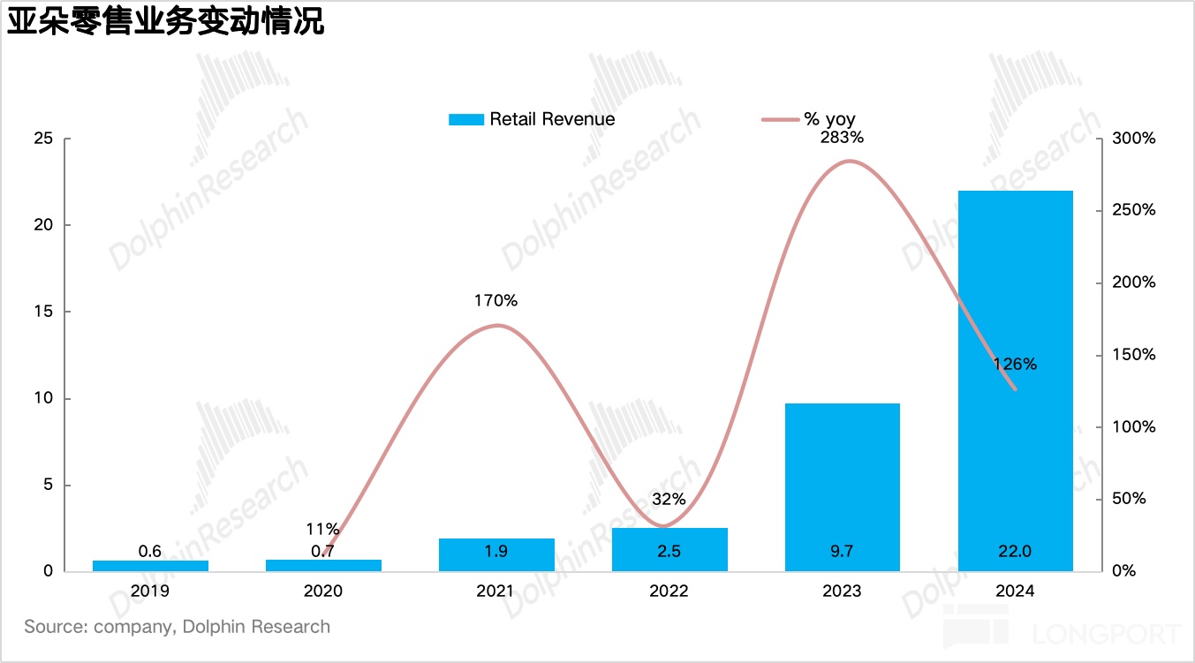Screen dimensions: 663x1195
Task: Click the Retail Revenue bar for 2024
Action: point(1015,380)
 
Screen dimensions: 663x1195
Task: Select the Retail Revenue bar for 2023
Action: point(842,486)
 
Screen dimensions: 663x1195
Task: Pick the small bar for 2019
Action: point(150,565)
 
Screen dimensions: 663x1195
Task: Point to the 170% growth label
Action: point(495,301)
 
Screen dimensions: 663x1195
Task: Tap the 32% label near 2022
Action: point(669,499)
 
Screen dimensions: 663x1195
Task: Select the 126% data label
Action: point(1015,364)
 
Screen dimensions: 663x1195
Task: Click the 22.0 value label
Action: point(1015,552)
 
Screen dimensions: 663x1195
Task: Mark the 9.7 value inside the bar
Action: point(842,552)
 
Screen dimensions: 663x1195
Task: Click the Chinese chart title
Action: point(166,22)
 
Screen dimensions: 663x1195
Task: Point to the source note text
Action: point(178,627)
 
